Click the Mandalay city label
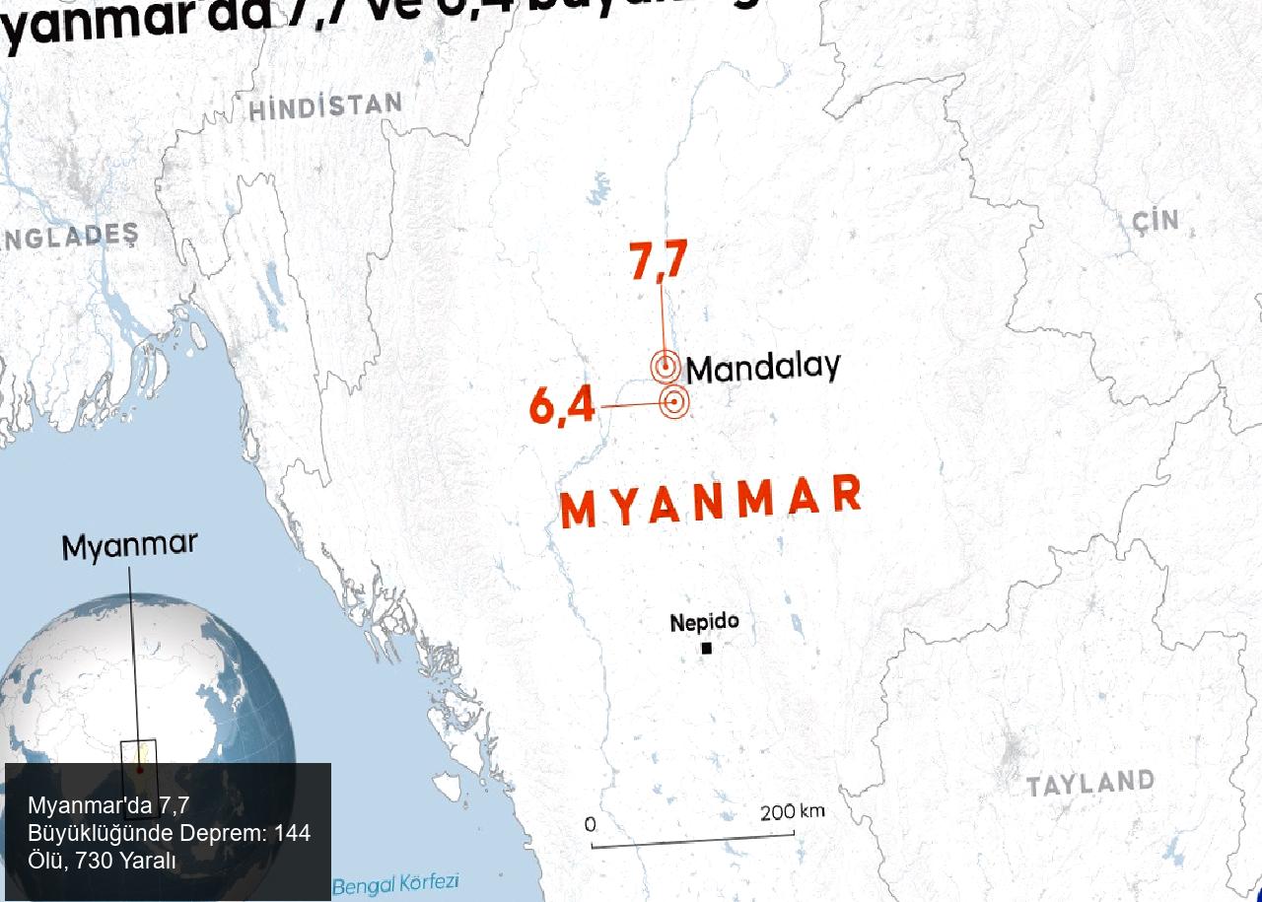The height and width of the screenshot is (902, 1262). [762, 368]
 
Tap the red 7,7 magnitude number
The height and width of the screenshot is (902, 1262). [659, 261]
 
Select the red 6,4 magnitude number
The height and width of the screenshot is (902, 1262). [562, 405]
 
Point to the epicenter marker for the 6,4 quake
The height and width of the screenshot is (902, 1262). [674, 401]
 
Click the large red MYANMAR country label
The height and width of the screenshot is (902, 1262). [711, 501]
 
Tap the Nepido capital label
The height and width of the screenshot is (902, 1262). [704, 623]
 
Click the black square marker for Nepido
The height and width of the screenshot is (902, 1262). [706, 648]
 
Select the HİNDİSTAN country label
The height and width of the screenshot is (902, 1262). [325, 105]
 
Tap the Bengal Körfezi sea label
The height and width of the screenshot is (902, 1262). [395, 884]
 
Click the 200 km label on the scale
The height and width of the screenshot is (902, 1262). [792, 812]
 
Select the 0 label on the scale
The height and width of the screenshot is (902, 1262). [590, 823]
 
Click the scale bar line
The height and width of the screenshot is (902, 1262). [692, 840]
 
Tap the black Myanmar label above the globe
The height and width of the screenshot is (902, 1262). [129, 545]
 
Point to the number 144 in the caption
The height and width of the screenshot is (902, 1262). [292, 833]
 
